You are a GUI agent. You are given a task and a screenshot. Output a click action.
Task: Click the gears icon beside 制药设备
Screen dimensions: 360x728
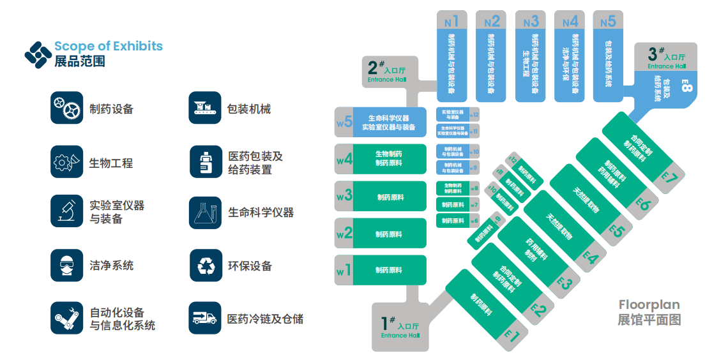[67, 108]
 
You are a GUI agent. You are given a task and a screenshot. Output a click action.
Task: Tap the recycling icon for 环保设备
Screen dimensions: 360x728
[205, 266]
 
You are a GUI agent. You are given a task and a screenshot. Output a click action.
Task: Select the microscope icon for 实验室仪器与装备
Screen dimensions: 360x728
[67, 212]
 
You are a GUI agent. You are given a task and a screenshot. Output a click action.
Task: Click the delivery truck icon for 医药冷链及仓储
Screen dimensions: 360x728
[205, 318]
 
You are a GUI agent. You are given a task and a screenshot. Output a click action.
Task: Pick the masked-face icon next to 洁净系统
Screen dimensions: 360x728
[67, 266]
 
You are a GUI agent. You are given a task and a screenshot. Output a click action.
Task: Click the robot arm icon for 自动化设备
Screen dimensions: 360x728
[67, 318]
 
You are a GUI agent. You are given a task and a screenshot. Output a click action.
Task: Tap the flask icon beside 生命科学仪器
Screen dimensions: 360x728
[205, 212]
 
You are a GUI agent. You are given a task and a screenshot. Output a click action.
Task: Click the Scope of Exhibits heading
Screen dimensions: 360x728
[108, 46]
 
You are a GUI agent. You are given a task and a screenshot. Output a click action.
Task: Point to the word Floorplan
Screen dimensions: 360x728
[649, 305]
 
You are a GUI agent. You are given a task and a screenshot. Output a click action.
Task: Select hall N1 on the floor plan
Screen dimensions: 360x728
[452, 56]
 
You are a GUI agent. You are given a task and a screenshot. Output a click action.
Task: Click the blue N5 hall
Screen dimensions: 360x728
[609, 56]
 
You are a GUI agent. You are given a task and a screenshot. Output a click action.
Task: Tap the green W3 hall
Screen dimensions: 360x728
[381, 197]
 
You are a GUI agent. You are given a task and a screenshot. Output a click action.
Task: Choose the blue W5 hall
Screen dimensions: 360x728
[381, 123]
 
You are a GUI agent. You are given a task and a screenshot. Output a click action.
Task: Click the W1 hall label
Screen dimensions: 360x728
[344, 270]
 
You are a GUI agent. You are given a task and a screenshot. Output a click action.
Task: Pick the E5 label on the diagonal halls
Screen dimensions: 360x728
[616, 229]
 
